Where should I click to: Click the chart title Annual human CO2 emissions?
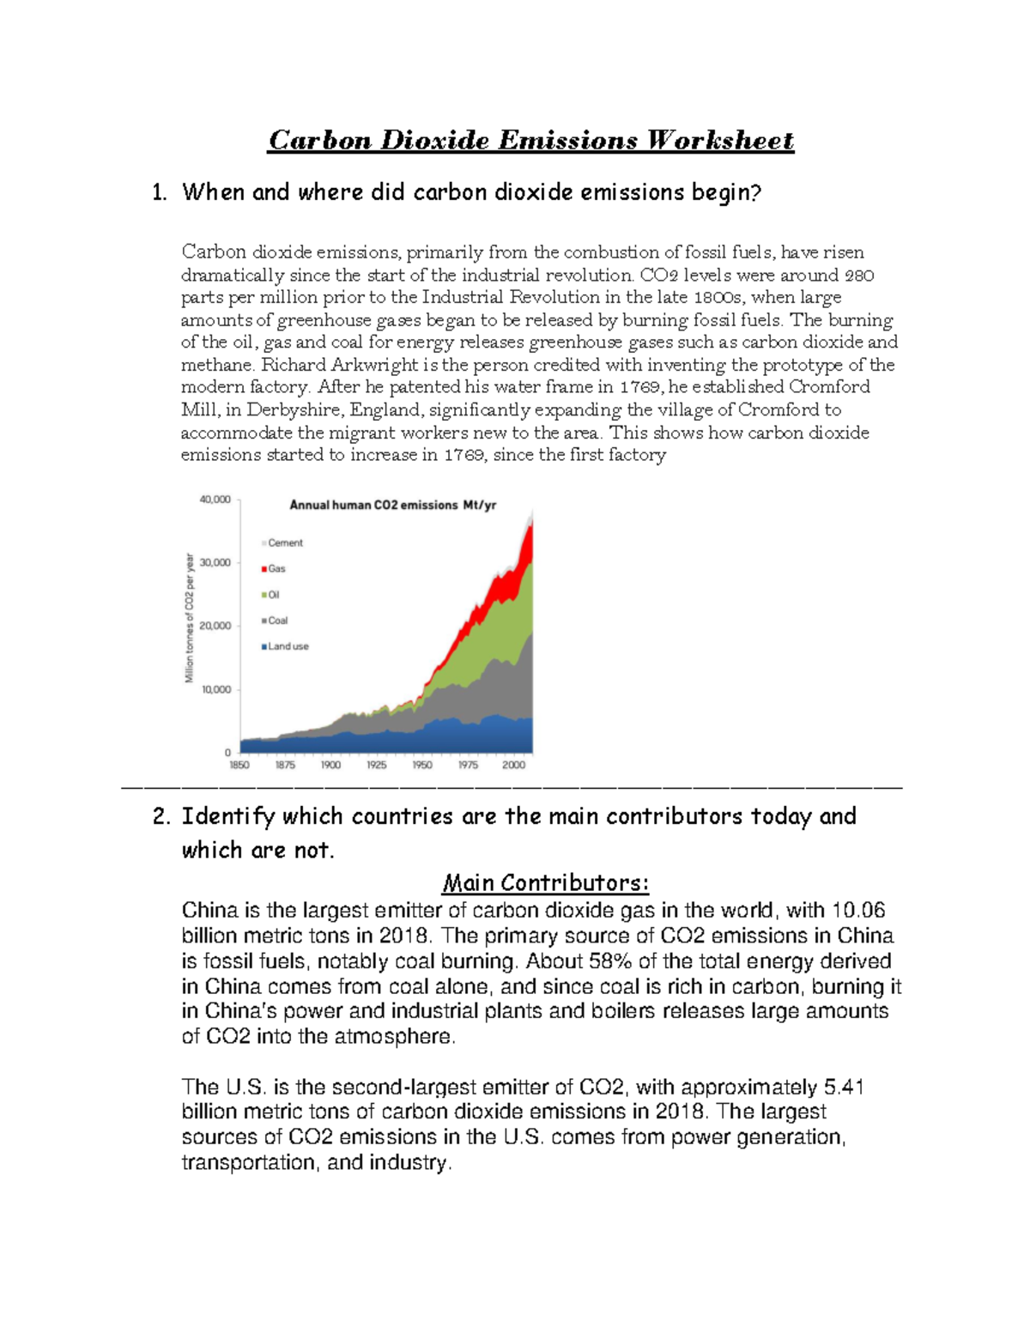click(392, 505)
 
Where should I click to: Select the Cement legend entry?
click(284, 542)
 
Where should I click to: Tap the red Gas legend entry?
click(276, 568)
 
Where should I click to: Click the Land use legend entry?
click(287, 646)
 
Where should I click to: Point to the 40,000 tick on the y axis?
click(215, 500)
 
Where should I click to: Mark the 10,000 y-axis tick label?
click(215, 689)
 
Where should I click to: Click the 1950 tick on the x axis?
click(421, 765)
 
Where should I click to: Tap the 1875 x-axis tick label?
click(285, 765)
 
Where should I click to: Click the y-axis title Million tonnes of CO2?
click(190, 618)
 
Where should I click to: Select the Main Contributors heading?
click(545, 882)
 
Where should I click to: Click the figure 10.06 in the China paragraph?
click(858, 910)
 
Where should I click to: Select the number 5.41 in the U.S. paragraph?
click(843, 1087)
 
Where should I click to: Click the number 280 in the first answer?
click(859, 276)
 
